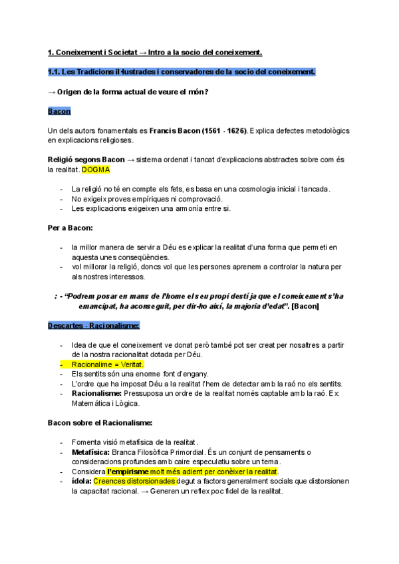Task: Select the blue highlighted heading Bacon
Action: click(x=59, y=111)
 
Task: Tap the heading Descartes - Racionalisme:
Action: click(x=94, y=325)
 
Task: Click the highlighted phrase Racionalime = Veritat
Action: click(x=107, y=364)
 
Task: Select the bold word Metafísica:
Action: click(x=90, y=452)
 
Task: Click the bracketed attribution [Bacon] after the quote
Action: click(x=305, y=306)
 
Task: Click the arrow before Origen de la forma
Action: click(x=52, y=92)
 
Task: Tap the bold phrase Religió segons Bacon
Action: click(x=86, y=160)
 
